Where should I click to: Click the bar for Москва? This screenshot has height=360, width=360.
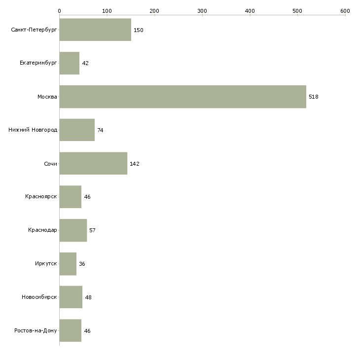point(183,97)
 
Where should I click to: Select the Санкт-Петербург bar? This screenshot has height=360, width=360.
point(95,30)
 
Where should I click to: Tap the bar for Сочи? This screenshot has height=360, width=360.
point(93,163)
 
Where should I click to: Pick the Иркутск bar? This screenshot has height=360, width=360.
point(68,264)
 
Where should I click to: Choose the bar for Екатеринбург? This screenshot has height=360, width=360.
point(70,63)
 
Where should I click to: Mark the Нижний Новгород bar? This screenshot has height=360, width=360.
point(77,130)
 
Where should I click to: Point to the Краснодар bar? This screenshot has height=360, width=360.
point(73,230)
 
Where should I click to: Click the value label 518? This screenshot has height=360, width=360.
point(313,97)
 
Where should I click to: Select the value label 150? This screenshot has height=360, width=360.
point(139,30)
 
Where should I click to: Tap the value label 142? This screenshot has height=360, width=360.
point(135,164)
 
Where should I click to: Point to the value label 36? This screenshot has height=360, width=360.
point(82,264)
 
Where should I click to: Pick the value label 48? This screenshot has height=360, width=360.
point(88,297)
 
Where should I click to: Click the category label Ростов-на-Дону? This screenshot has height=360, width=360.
point(36,330)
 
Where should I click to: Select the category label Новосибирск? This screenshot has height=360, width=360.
point(39,297)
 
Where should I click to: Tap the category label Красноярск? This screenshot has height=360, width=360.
point(41,197)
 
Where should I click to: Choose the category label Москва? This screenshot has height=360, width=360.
point(47,97)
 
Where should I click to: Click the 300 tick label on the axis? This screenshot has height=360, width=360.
point(202,11)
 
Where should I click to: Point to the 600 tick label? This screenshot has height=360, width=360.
point(345,11)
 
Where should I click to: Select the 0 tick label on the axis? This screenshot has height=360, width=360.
point(60,11)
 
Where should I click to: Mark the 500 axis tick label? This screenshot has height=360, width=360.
point(297,11)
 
